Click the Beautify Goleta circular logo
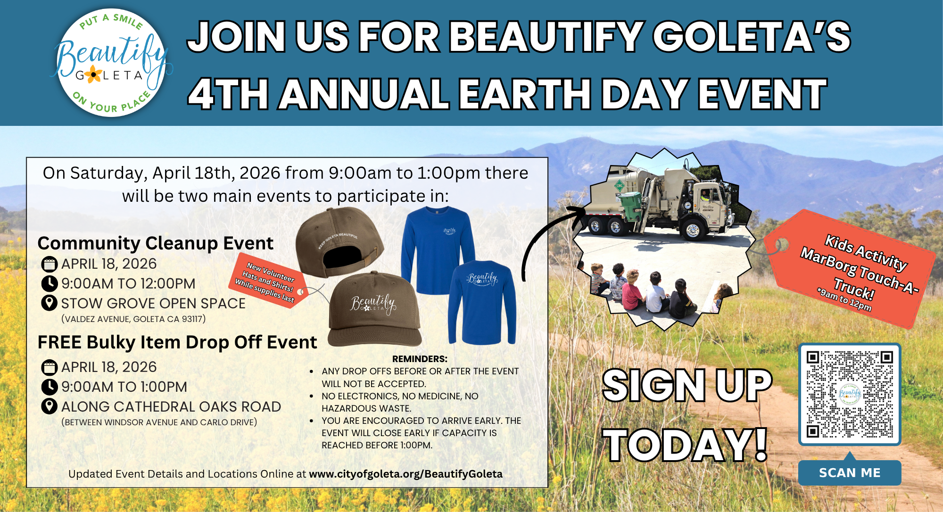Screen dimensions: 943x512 pos(111,63)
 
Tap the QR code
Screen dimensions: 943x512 pos(850,394)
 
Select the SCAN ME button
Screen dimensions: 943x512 pos(850,473)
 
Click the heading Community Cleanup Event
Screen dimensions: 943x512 pos(155,243)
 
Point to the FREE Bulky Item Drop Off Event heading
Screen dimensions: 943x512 pos(177,342)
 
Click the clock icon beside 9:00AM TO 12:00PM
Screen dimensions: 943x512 pos(50,284)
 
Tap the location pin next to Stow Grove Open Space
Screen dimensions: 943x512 pos(50,303)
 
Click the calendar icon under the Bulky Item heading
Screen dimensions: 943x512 pos(50,367)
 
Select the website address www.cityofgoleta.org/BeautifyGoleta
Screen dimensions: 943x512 pos(406,474)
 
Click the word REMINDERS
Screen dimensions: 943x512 pos(420,359)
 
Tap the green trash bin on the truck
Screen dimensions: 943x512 pos(630,206)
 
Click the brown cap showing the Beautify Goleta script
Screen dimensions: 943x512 pos(373,309)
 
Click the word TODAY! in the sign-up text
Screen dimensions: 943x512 pos(687,445)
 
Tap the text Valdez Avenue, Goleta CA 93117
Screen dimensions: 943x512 pos(133,319)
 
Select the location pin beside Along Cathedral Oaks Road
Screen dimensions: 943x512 pos(50,406)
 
